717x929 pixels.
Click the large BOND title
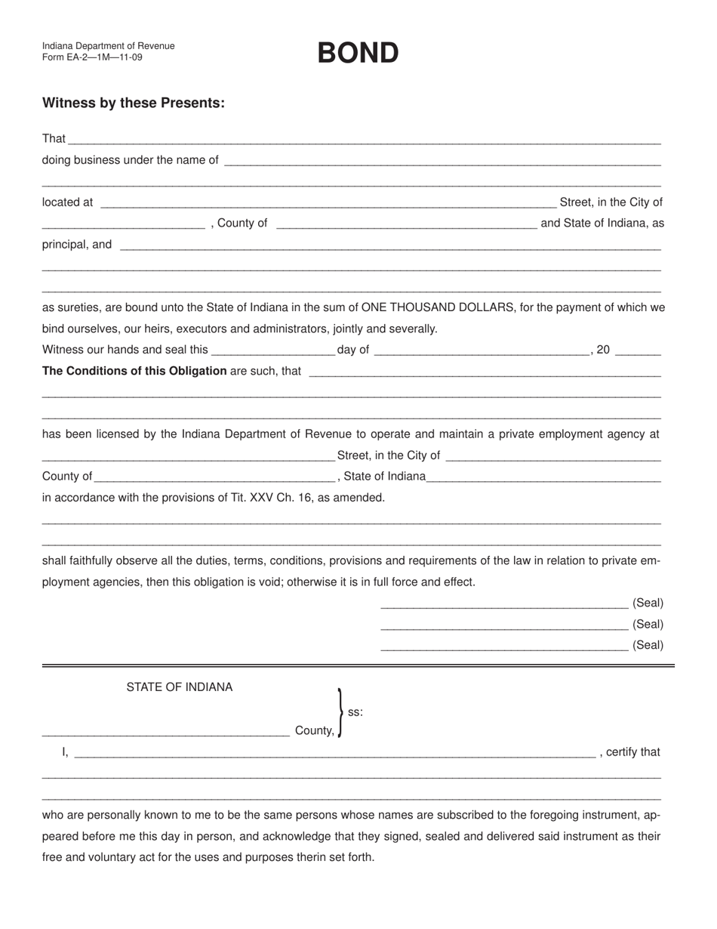tap(358, 53)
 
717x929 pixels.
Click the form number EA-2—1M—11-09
tap(92, 57)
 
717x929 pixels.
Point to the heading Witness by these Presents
tap(134, 103)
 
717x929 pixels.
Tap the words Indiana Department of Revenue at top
tap(109, 46)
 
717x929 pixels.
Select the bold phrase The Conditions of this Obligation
tap(134, 371)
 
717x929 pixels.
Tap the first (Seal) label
tap(648, 603)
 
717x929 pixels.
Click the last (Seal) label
tap(648, 645)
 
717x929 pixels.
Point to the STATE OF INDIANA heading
tap(180, 687)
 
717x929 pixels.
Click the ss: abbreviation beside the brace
tap(355, 711)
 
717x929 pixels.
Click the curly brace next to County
tap(340, 712)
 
